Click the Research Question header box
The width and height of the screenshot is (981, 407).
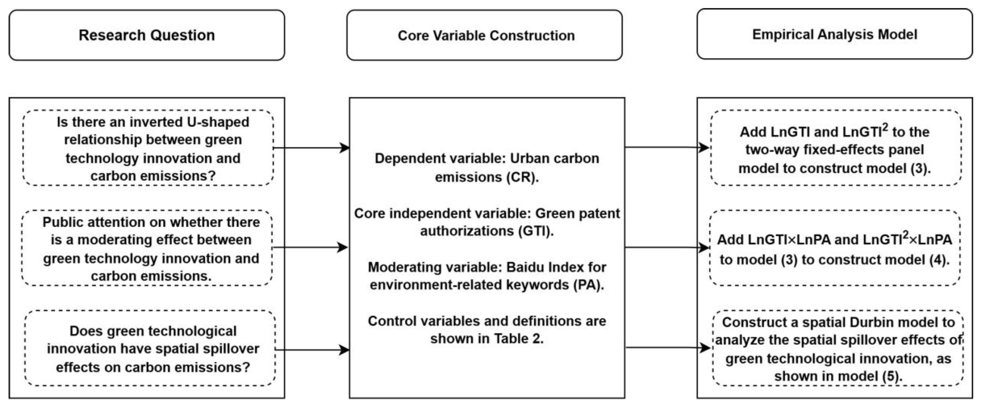click(146, 35)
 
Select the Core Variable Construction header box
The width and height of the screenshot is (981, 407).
click(484, 35)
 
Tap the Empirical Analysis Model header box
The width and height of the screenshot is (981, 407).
click(835, 34)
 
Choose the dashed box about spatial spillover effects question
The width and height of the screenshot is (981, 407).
click(150, 348)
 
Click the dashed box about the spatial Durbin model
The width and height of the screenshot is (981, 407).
click(838, 348)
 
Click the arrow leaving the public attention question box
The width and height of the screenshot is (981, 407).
click(310, 248)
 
